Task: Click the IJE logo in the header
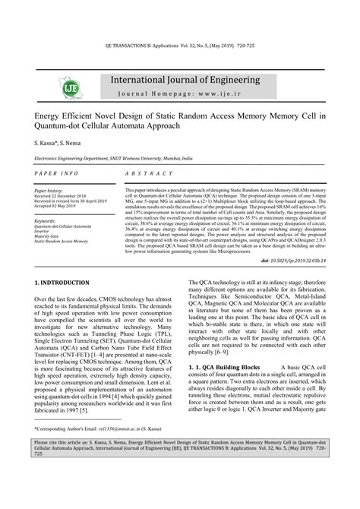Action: [57, 86]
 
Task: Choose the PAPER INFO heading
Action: [56, 175]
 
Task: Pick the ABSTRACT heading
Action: [151, 175]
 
